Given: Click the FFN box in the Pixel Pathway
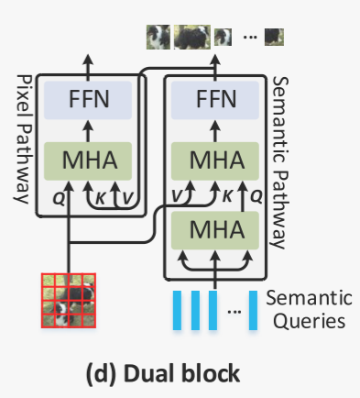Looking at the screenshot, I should (89, 98).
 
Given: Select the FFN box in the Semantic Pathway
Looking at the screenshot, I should (217, 98).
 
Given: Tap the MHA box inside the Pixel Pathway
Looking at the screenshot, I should (89, 161).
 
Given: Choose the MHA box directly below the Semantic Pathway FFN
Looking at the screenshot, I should (217, 161).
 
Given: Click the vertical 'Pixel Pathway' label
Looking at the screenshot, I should (19, 138).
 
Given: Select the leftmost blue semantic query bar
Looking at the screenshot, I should (177, 310).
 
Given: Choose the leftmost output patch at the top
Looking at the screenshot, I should (158, 38).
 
